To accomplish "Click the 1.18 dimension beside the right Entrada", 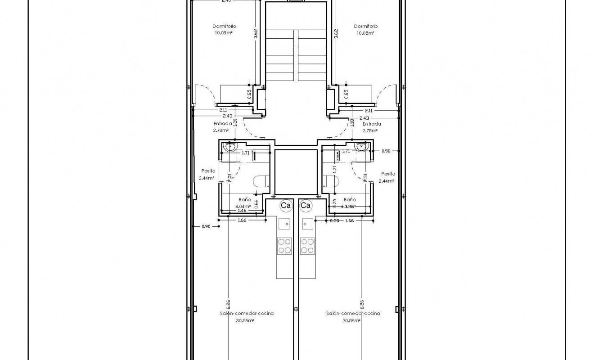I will click(x=352, y=123).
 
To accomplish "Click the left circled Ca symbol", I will click(x=285, y=206).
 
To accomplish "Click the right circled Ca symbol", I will click(x=306, y=206).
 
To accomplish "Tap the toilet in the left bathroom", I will click(x=261, y=181).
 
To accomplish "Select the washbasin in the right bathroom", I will click(x=361, y=147).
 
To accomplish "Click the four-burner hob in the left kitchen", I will click(x=284, y=245).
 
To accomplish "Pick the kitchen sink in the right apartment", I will click(x=308, y=223).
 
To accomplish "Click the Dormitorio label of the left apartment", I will click(x=225, y=27).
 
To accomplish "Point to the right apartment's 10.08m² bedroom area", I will click(x=365, y=33).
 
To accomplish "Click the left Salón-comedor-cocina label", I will click(x=247, y=313).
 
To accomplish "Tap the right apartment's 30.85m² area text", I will click(x=352, y=320).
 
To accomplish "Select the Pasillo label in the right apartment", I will click(x=388, y=174).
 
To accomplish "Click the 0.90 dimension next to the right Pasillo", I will click(x=386, y=151).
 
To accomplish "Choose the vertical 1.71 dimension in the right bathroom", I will click(x=334, y=170).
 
